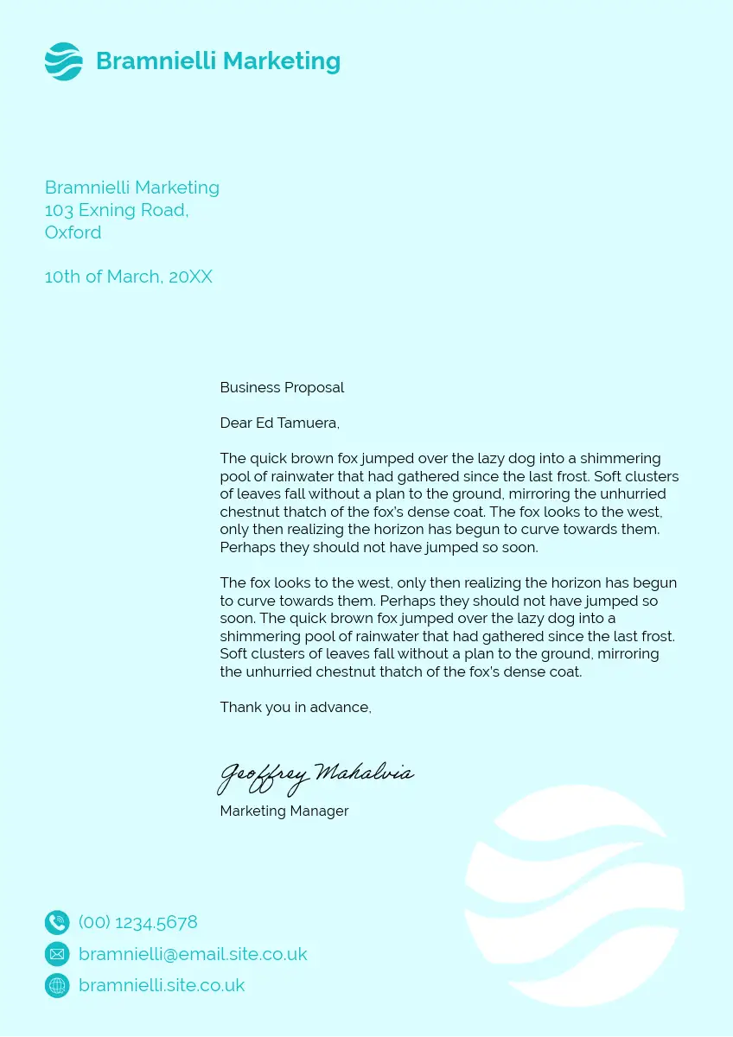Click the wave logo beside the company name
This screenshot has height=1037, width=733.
point(63,61)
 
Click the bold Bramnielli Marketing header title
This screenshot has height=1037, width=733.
point(218,61)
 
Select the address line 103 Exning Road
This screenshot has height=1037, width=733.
point(116,210)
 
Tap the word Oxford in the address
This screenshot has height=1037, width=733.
point(73,232)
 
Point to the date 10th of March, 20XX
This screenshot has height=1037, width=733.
point(128,277)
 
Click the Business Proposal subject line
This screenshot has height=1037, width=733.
point(282,387)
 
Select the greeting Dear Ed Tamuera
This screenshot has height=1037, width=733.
point(279,423)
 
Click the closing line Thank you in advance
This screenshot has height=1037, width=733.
point(296,707)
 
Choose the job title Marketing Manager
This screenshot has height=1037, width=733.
point(284,811)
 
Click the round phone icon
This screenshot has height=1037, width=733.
point(57,922)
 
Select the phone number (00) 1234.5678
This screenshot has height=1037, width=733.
point(138,922)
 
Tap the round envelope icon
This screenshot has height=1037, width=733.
point(57,954)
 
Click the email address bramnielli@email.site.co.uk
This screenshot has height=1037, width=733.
point(193,954)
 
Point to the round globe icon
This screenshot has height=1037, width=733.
point(57,985)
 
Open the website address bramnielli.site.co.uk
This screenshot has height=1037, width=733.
point(162,985)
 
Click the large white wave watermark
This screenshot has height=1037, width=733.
point(575,894)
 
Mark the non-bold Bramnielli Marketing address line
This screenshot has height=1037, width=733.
point(131,188)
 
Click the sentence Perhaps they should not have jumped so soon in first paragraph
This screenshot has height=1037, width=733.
point(379,547)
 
